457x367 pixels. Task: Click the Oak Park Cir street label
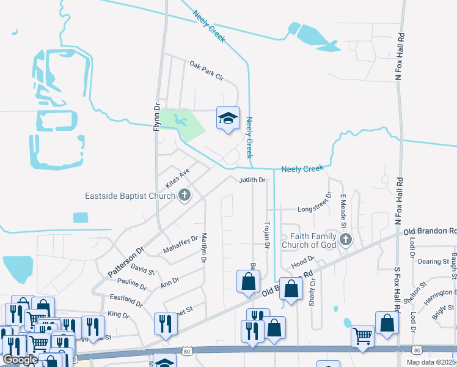207,71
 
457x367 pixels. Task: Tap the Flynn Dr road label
156,116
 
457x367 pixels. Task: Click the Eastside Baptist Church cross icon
184,196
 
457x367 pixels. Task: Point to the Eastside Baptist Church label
130,196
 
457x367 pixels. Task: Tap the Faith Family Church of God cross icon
346,239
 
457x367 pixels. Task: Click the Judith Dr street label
252,180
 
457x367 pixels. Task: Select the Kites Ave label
178,179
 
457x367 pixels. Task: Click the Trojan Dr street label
266,235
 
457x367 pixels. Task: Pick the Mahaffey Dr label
181,245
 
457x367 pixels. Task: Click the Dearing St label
433,261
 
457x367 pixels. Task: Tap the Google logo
20,359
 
